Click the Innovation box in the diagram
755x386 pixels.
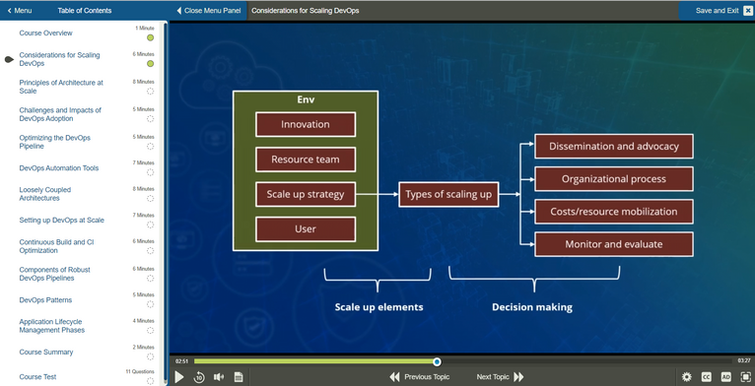point(306,125)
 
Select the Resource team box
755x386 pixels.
point(306,160)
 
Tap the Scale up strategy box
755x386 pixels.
point(306,194)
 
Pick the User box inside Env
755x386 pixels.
point(306,228)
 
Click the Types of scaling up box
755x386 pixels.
point(448,194)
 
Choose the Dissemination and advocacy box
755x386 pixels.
point(613,147)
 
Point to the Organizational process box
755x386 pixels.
point(613,179)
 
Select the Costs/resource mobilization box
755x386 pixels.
point(613,212)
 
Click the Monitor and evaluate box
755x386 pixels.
point(613,244)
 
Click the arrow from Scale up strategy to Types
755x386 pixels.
point(377,194)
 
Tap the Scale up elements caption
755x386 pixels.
point(378,307)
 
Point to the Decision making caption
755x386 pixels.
point(532,307)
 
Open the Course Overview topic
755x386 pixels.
point(45,33)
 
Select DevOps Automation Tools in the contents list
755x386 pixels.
point(59,168)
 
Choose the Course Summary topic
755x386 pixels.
point(46,353)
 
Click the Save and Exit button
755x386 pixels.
point(717,11)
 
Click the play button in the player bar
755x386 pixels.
point(179,377)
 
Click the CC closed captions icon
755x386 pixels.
point(707,377)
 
